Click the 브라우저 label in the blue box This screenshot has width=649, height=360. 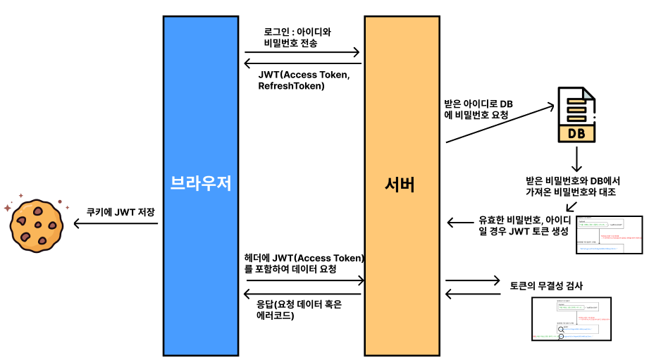pyautogui.click(x=201, y=184)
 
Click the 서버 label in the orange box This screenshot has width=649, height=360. pyautogui.click(x=399, y=185)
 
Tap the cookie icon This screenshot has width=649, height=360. pyautogui.click(x=33, y=225)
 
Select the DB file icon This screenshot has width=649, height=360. pyautogui.click(x=576, y=115)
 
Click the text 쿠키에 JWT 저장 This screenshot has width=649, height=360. pyautogui.click(x=120, y=211)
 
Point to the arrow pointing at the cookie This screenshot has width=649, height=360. pyautogui.click(x=115, y=225)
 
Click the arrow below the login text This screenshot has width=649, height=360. pyautogui.click(x=302, y=53)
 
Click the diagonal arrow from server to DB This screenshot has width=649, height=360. pyautogui.click(x=500, y=123)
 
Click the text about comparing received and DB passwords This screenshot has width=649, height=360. pyautogui.click(x=571, y=186)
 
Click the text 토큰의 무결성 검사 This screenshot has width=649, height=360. pyautogui.click(x=546, y=286)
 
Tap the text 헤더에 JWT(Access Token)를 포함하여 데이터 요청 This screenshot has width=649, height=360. pyautogui.click(x=304, y=263)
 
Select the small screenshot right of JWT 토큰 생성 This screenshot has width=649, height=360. pyautogui.click(x=609, y=235)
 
